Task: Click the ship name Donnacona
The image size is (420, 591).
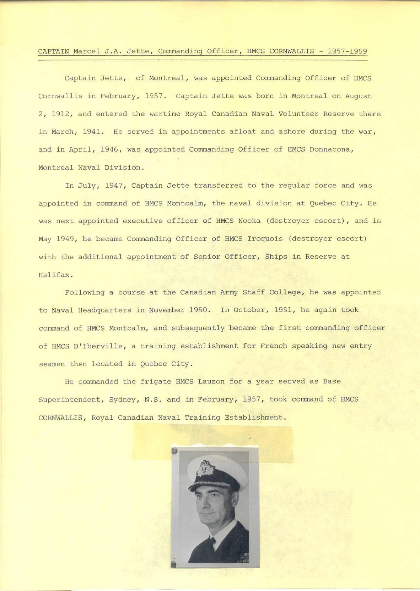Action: click(331, 149)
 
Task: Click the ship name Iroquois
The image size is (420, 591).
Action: click(265, 239)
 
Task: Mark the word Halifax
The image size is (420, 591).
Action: click(56, 275)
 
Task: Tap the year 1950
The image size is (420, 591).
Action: click(198, 310)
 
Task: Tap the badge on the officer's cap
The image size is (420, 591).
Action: click(205, 469)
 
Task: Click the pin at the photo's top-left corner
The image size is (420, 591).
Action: click(174, 451)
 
